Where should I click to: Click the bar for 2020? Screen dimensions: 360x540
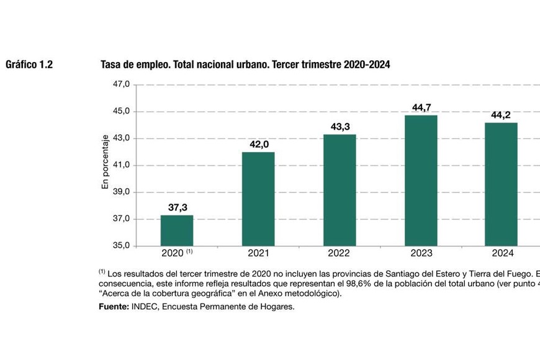pos(177,230)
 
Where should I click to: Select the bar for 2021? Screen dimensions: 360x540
pos(258,199)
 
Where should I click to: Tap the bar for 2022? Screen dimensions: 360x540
pos(340,190)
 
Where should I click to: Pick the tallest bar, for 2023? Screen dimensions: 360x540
pos(421,180)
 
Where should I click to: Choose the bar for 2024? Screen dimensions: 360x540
pos(501,184)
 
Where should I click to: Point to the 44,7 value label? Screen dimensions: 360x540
pos(421,107)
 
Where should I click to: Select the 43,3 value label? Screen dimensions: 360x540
pos(340,127)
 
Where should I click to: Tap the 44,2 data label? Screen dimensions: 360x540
pos(501,115)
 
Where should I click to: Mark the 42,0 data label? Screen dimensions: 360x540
pos(259,145)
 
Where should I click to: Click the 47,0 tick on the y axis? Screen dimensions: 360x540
pos(121,84)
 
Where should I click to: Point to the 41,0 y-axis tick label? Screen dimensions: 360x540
pos(121,165)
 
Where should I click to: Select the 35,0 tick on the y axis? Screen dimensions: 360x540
pos(121,246)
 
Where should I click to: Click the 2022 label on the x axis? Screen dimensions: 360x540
pos(340,254)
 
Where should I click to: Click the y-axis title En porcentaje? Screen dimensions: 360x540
pos(106,162)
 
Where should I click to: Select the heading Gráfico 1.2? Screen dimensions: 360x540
pos(29,65)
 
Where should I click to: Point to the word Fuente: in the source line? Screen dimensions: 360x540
pos(114,307)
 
